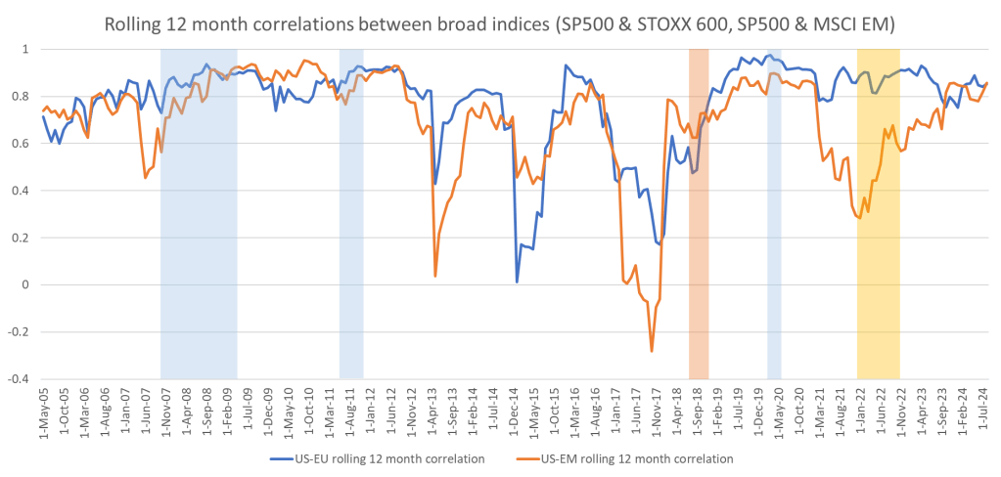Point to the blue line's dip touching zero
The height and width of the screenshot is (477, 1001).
pos(517,282)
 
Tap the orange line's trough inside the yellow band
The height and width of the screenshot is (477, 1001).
pos(859,216)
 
